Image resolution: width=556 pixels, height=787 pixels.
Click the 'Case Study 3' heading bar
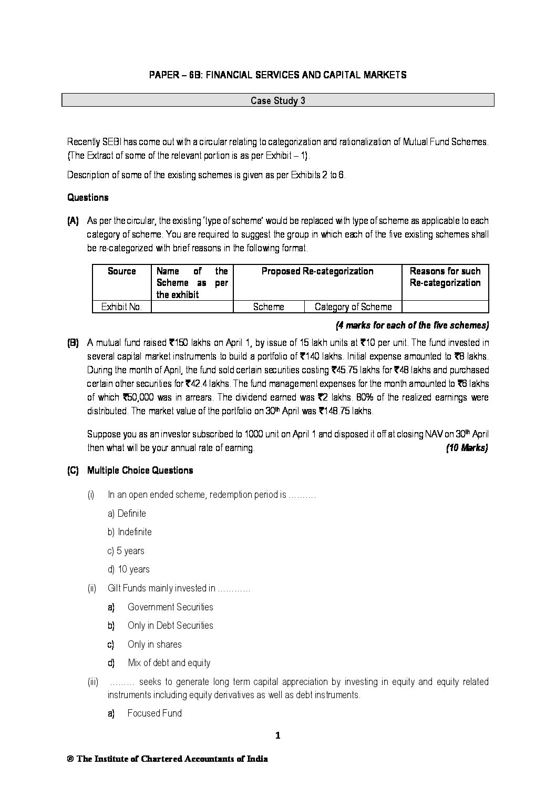pos(277,100)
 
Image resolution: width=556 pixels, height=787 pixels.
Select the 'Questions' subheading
pos(88,198)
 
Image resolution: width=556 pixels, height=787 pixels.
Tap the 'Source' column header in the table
pos(121,271)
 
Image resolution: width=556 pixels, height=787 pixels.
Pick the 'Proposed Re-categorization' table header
pos(317,271)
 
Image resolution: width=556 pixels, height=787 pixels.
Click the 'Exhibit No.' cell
pos(121,307)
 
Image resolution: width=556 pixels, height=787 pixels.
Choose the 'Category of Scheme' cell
pos(353,307)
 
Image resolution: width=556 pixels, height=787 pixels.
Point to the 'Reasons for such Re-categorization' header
pos(445,277)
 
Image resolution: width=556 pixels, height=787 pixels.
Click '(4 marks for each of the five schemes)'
pos(412,325)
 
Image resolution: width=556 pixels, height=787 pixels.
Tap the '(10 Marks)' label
pos(467,448)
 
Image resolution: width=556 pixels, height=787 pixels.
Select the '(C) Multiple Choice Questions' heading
pos(130,471)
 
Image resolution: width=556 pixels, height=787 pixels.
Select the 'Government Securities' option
pos(170,607)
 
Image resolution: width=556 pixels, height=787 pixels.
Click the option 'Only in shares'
pos(155,645)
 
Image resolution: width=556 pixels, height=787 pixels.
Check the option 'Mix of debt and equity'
pos(169,663)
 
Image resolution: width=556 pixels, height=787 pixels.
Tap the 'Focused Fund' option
pos(155,713)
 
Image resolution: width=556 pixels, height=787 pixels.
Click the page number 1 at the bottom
pos(278,736)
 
